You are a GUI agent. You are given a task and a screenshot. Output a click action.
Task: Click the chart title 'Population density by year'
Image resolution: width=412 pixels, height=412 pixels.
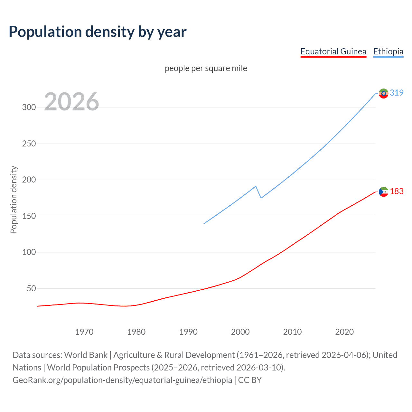(98, 32)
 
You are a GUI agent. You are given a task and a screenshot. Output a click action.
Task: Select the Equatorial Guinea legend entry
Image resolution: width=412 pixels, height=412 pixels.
(333, 51)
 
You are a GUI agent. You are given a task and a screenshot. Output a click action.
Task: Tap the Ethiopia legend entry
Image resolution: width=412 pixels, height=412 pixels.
(388, 51)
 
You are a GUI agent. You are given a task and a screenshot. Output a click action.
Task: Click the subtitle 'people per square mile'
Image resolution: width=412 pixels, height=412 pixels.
(206, 68)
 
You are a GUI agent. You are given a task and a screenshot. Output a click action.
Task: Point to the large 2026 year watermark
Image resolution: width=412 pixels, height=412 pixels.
(71, 102)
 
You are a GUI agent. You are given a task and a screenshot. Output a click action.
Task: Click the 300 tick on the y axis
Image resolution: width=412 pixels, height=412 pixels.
(29, 108)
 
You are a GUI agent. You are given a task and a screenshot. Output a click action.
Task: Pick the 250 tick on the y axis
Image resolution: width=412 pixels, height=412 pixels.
(29, 144)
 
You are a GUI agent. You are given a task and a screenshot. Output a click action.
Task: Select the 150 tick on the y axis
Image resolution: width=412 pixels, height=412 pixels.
(29, 216)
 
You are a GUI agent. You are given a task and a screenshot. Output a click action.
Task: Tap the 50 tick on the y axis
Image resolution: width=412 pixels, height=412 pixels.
(31, 288)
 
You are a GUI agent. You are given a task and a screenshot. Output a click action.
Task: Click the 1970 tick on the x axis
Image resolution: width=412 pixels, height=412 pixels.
(84, 332)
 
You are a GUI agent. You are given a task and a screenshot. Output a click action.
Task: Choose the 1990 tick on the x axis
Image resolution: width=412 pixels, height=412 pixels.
(188, 332)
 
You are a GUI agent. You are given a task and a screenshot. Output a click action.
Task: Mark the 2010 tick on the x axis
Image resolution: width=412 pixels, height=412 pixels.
(292, 332)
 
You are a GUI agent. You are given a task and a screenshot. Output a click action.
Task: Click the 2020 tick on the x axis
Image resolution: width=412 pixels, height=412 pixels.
(344, 332)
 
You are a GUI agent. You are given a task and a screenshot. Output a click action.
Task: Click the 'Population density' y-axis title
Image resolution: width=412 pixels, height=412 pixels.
(14, 200)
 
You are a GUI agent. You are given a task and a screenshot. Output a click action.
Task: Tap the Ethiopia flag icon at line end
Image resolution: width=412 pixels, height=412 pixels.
(383, 93)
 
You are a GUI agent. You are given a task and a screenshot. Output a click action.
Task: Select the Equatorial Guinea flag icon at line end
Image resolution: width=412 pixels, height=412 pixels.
(383, 192)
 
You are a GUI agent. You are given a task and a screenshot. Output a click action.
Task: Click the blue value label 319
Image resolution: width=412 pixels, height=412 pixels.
(397, 93)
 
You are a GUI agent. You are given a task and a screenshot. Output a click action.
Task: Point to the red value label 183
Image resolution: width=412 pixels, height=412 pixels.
(397, 192)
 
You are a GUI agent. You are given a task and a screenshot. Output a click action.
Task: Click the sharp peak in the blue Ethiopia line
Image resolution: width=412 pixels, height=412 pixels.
(256, 186)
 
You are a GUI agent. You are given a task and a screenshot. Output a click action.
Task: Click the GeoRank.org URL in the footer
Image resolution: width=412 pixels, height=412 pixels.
(122, 380)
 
